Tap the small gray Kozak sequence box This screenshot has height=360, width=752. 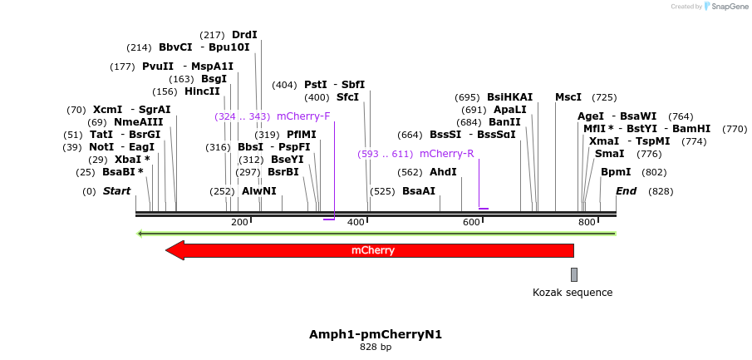574,274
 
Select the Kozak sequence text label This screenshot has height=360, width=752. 573,293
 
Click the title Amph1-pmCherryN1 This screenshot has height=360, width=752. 376,334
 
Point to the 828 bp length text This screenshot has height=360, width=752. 376,347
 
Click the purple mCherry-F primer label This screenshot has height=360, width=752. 303,116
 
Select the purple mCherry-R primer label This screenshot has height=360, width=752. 447,154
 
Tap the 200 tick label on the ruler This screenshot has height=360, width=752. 240,222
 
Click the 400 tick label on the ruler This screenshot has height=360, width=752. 356,222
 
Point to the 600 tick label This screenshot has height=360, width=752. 472,222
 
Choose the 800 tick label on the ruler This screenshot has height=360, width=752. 587,222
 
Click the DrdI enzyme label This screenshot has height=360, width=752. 244,35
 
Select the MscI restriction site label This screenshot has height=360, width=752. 568,97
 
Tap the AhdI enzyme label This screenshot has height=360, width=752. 443,172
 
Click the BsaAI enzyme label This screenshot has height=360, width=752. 419,191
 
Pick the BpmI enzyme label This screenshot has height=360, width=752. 616,172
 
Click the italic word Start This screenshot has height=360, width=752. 117,191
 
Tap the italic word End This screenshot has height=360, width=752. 626,191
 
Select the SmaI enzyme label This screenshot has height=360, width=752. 609,154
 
